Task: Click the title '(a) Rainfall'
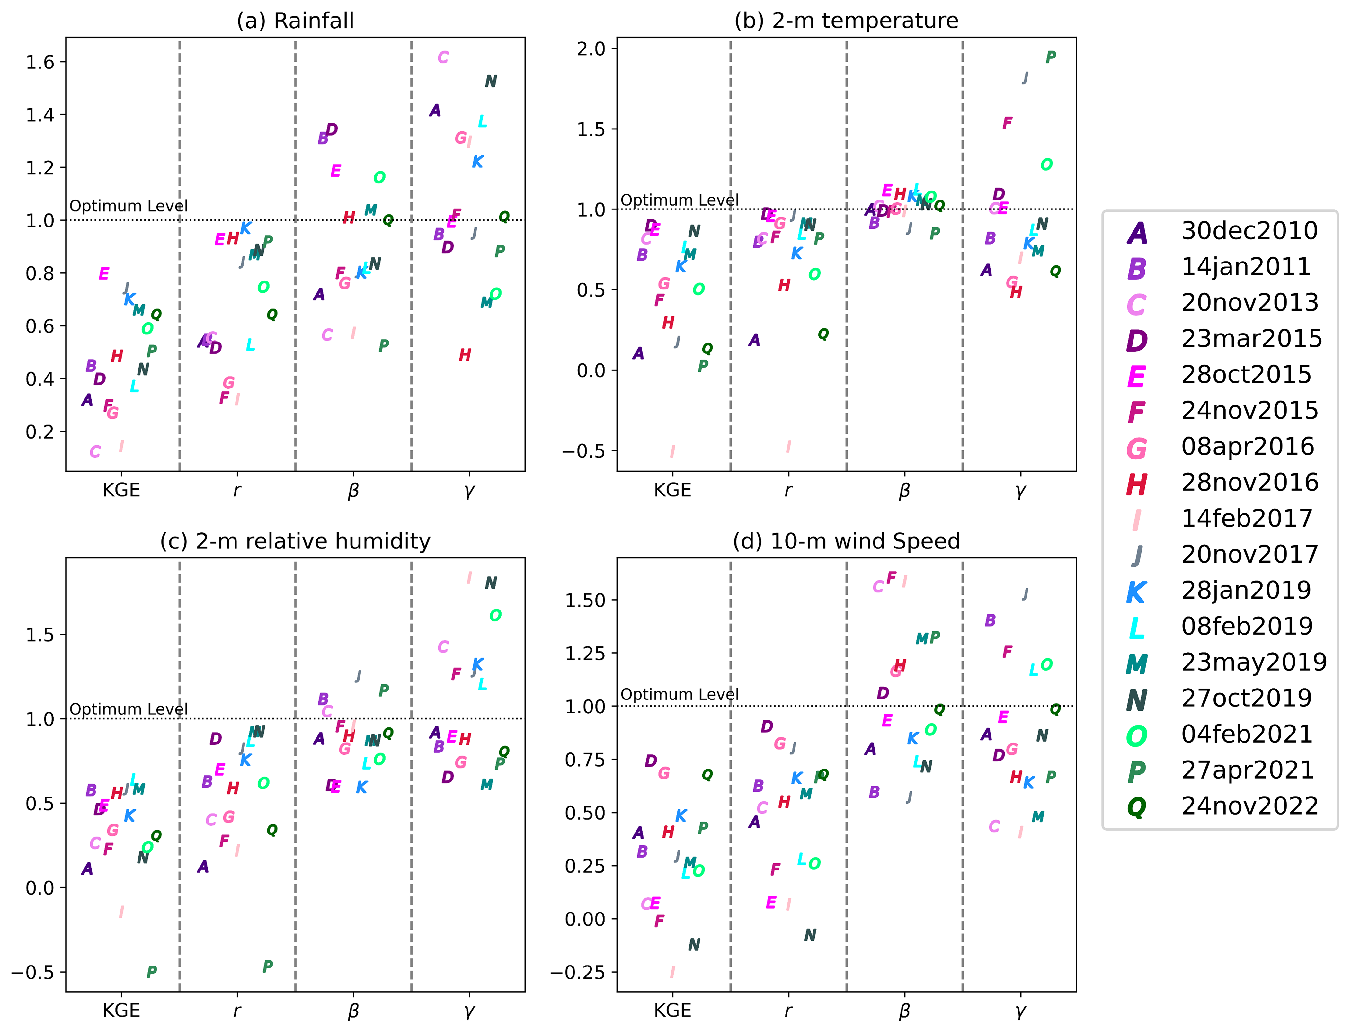(295, 21)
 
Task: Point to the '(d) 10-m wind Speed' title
(846, 541)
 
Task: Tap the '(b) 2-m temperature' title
(846, 21)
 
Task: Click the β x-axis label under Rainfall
(353, 491)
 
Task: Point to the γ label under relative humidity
(469, 1010)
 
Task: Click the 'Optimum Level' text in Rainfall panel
(129, 206)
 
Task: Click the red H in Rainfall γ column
(465, 355)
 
